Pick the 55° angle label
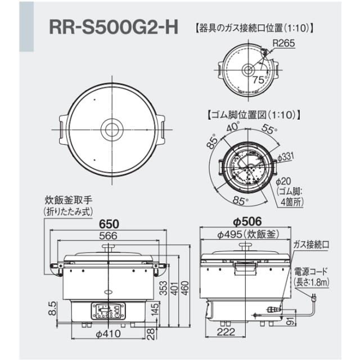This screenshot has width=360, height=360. point(269,130)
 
